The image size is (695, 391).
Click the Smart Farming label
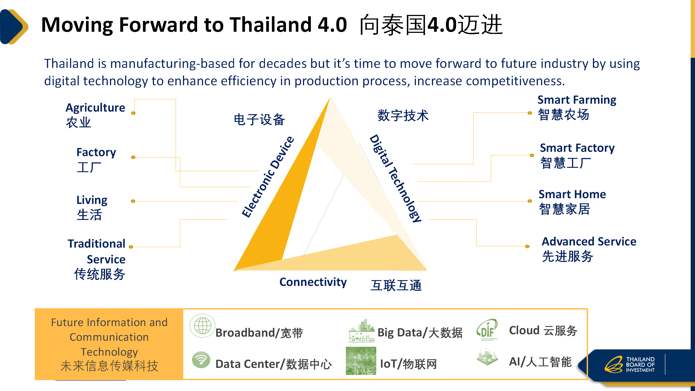pyautogui.click(x=577, y=100)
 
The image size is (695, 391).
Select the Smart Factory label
pyautogui.click(x=577, y=148)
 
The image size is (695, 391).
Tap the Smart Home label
pyautogui.click(x=572, y=194)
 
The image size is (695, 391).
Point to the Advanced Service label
pyautogui.click(x=589, y=241)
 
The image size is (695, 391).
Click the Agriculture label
pyautogui.click(x=95, y=108)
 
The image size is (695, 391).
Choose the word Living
pyautogui.click(x=92, y=200)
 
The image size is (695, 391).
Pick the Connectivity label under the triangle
pyautogui.click(x=313, y=282)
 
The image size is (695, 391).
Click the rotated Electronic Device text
pyautogui.click(x=268, y=177)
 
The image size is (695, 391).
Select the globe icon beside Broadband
pyautogui.click(x=202, y=326)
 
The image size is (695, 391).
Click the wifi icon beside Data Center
pyautogui.click(x=201, y=360)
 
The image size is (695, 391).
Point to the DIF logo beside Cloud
pyautogui.click(x=487, y=329)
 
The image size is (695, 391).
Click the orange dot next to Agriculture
pyautogui.click(x=133, y=113)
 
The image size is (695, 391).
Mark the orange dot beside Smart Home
pyautogui.click(x=530, y=201)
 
